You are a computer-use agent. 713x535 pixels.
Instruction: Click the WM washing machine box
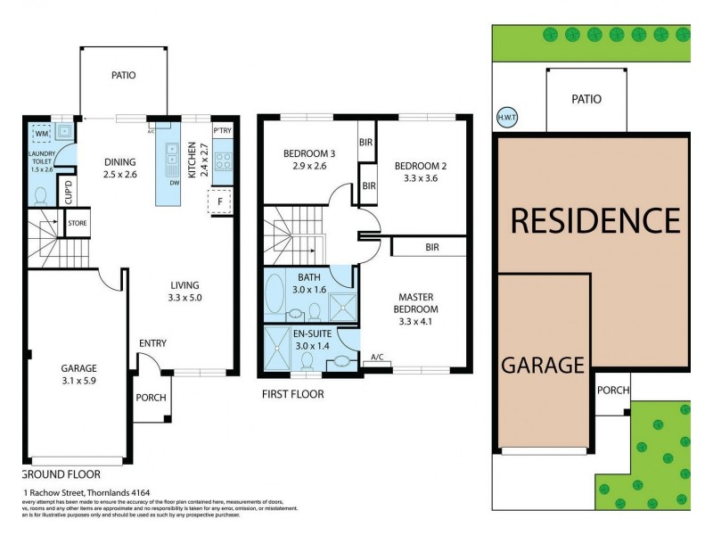click(40, 135)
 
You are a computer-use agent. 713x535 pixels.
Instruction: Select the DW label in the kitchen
click(174, 185)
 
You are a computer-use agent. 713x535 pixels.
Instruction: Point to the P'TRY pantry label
click(222, 130)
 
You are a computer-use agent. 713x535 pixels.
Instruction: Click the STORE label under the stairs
click(78, 223)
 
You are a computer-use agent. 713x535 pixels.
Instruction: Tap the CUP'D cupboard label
click(69, 192)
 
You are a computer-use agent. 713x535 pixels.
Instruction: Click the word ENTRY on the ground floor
click(152, 343)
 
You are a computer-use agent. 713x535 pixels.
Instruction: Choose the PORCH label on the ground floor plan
click(151, 397)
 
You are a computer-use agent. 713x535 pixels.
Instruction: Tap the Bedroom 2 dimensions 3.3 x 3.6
click(417, 178)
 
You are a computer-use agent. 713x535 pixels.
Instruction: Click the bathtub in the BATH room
click(275, 296)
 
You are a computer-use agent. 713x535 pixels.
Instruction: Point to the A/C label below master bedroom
click(378, 358)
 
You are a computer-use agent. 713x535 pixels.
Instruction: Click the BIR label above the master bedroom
click(432, 246)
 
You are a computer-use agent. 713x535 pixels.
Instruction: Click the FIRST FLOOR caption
click(292, 393)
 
